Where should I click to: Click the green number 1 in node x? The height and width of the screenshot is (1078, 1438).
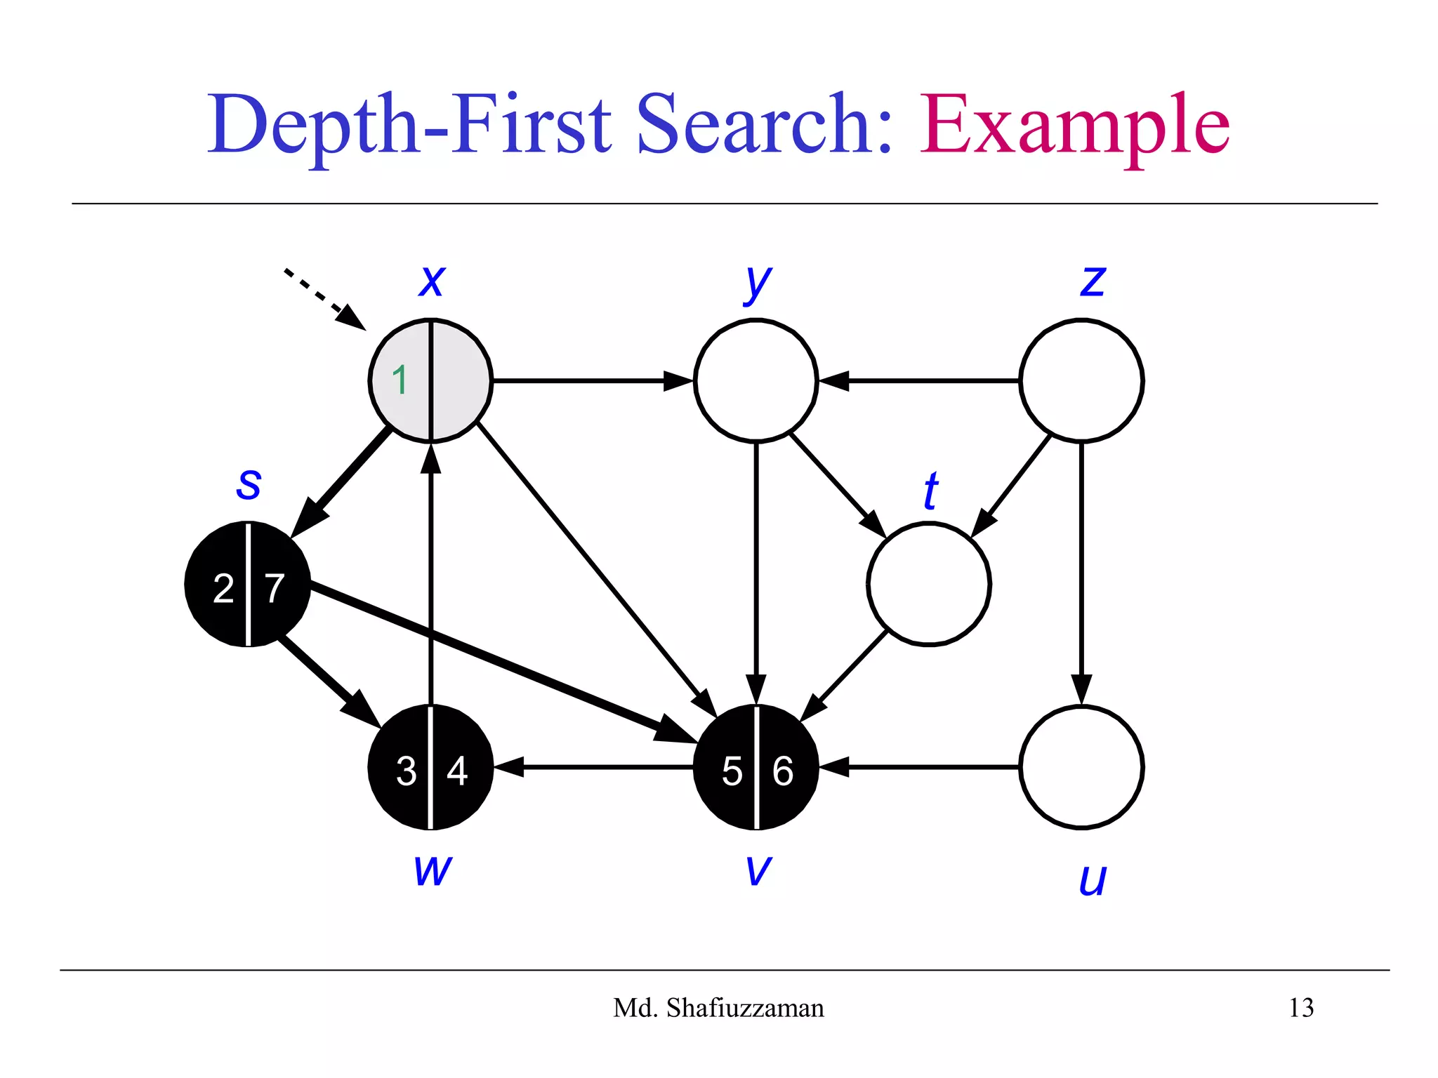click(x=400, y=380)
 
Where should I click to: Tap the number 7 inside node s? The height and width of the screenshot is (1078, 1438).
click(x=275, y=588)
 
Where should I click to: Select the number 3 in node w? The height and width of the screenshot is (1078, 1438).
click(x=406, y=771)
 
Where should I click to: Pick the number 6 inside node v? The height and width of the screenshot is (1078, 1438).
click(x=783, y=771)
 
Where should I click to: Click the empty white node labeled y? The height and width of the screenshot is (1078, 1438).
click(x=756, y=380)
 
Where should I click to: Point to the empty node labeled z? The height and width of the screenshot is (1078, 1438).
click(x=1081, y=380)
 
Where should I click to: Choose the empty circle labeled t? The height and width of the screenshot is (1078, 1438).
click(x=929, y=583)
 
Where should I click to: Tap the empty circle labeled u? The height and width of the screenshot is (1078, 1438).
click(x=1081, y=767)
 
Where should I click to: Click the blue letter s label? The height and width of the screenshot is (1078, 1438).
click(x=249, y=484)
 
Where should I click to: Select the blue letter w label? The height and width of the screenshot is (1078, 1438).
click(x=433, y=870)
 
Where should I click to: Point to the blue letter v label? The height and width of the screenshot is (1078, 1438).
click(x=758, y=870)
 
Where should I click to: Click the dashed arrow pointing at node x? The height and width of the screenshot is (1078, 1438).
click(x=323, y=298)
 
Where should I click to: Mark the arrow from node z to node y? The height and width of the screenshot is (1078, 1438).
click(x=920, y=380)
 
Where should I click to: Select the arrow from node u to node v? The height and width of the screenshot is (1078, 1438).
click(x=920, y=767)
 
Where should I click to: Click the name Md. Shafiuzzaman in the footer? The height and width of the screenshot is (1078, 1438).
click(x=718, y=1008)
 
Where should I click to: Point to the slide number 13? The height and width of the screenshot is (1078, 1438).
click(x=1300, y=1008)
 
